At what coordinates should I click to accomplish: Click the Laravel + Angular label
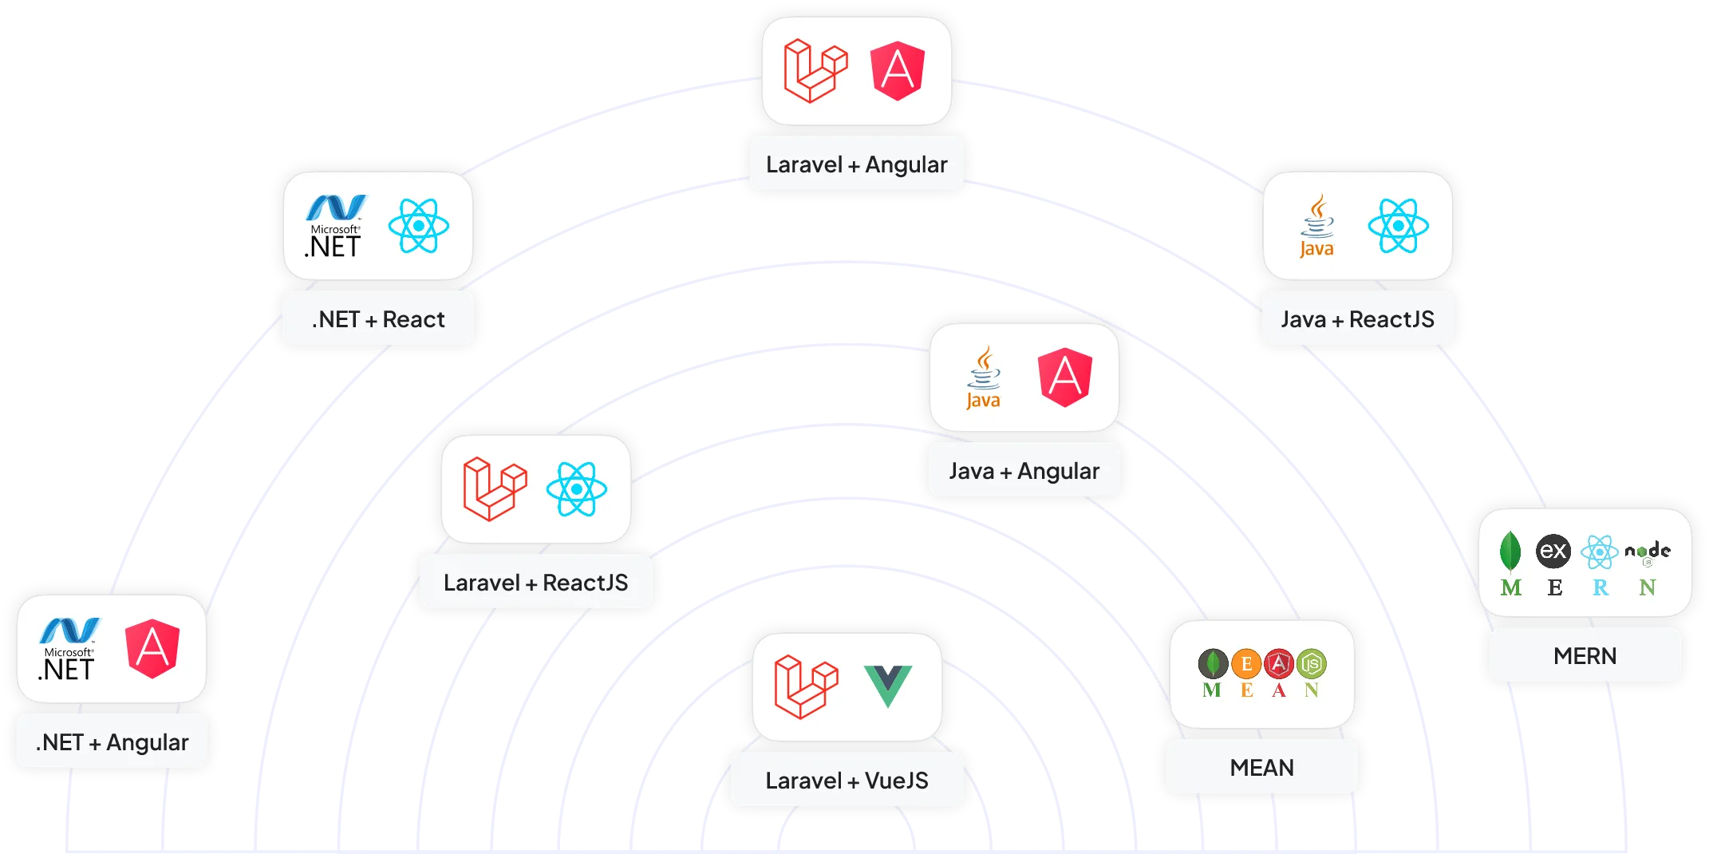[x=856, y=164]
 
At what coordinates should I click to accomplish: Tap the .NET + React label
[x=378, y=319]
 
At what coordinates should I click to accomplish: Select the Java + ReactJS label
[x=1357, y=319]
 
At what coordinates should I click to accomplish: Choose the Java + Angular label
[x=1024, y=471]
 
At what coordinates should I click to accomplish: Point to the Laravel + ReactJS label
[x=535, y=583]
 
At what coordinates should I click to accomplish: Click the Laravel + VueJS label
[x=847, y=781]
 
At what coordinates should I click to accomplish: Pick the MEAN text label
[x=1261, y=768]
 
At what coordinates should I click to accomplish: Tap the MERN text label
[x=1585, y=656]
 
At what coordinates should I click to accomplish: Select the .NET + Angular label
[x=112, y=742]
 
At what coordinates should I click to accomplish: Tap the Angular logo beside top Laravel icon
[x=897, y=71]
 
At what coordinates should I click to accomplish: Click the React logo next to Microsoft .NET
[x=418, y=226]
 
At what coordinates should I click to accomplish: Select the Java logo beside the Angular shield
[x=983, y=378]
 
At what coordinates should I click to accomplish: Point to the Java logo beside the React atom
[x=1316, y=226]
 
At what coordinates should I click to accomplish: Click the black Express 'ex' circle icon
[x=1553, y=551]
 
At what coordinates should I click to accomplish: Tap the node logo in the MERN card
[x=1648, y=552]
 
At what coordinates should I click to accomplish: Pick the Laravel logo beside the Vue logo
[x=806, y=686]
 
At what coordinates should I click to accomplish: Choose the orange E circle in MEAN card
[x=1246, y=664]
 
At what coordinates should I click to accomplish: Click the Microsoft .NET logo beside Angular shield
[x=69, y=649]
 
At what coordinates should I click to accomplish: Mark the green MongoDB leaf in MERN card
[x=1510, y=551]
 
